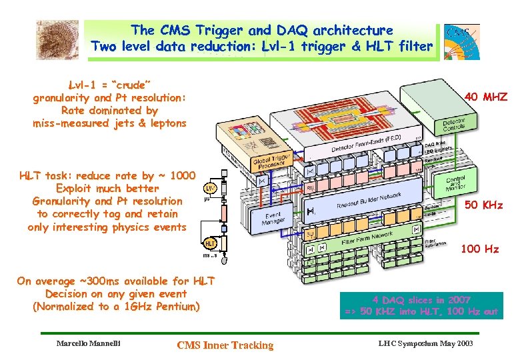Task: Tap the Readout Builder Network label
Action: pos(369,195)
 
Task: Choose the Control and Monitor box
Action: pos(456,183)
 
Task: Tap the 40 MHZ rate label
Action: pos(486,97)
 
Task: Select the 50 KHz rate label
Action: pos(483,205)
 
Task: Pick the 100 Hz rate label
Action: pos(480,249)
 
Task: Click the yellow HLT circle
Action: pos(210,243)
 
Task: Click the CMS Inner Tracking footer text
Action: pos(225,345)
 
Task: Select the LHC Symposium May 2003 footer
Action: pos(425,343)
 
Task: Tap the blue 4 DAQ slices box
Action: pos(421,305)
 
